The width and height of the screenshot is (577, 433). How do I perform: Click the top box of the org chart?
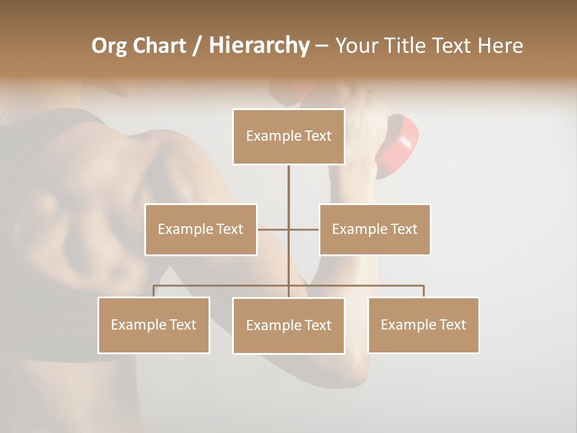pyautogui.click(x=288, y=137)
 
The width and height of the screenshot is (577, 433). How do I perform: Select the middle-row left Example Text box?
pyautogui.click(x=201, y=229)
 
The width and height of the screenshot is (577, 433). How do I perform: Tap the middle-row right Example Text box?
pyautogui.click(x=374, y=229)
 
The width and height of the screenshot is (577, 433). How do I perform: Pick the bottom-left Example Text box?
pyautogui.click(x=154, y=325)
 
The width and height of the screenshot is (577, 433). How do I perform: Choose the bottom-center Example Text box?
pyautogui.click(x=288, y=325)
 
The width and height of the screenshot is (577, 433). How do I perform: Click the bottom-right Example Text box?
pyautogui.click(x=423, y=325)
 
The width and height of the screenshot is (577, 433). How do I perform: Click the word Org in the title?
pyautogui.click(x=109, y=46)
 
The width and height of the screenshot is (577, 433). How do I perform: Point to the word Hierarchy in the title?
pyautogui.click(x=259, y=46)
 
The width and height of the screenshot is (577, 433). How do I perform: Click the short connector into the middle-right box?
pyautogui.click(x=304, y=229)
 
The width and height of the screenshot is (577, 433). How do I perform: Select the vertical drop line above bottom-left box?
pyautogui.click(x=154, y=291)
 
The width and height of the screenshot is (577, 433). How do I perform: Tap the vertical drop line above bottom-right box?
pyautogui.click(x=424, y=291)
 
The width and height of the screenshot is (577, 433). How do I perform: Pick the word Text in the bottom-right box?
pyautogui.click(x=452, y=325)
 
